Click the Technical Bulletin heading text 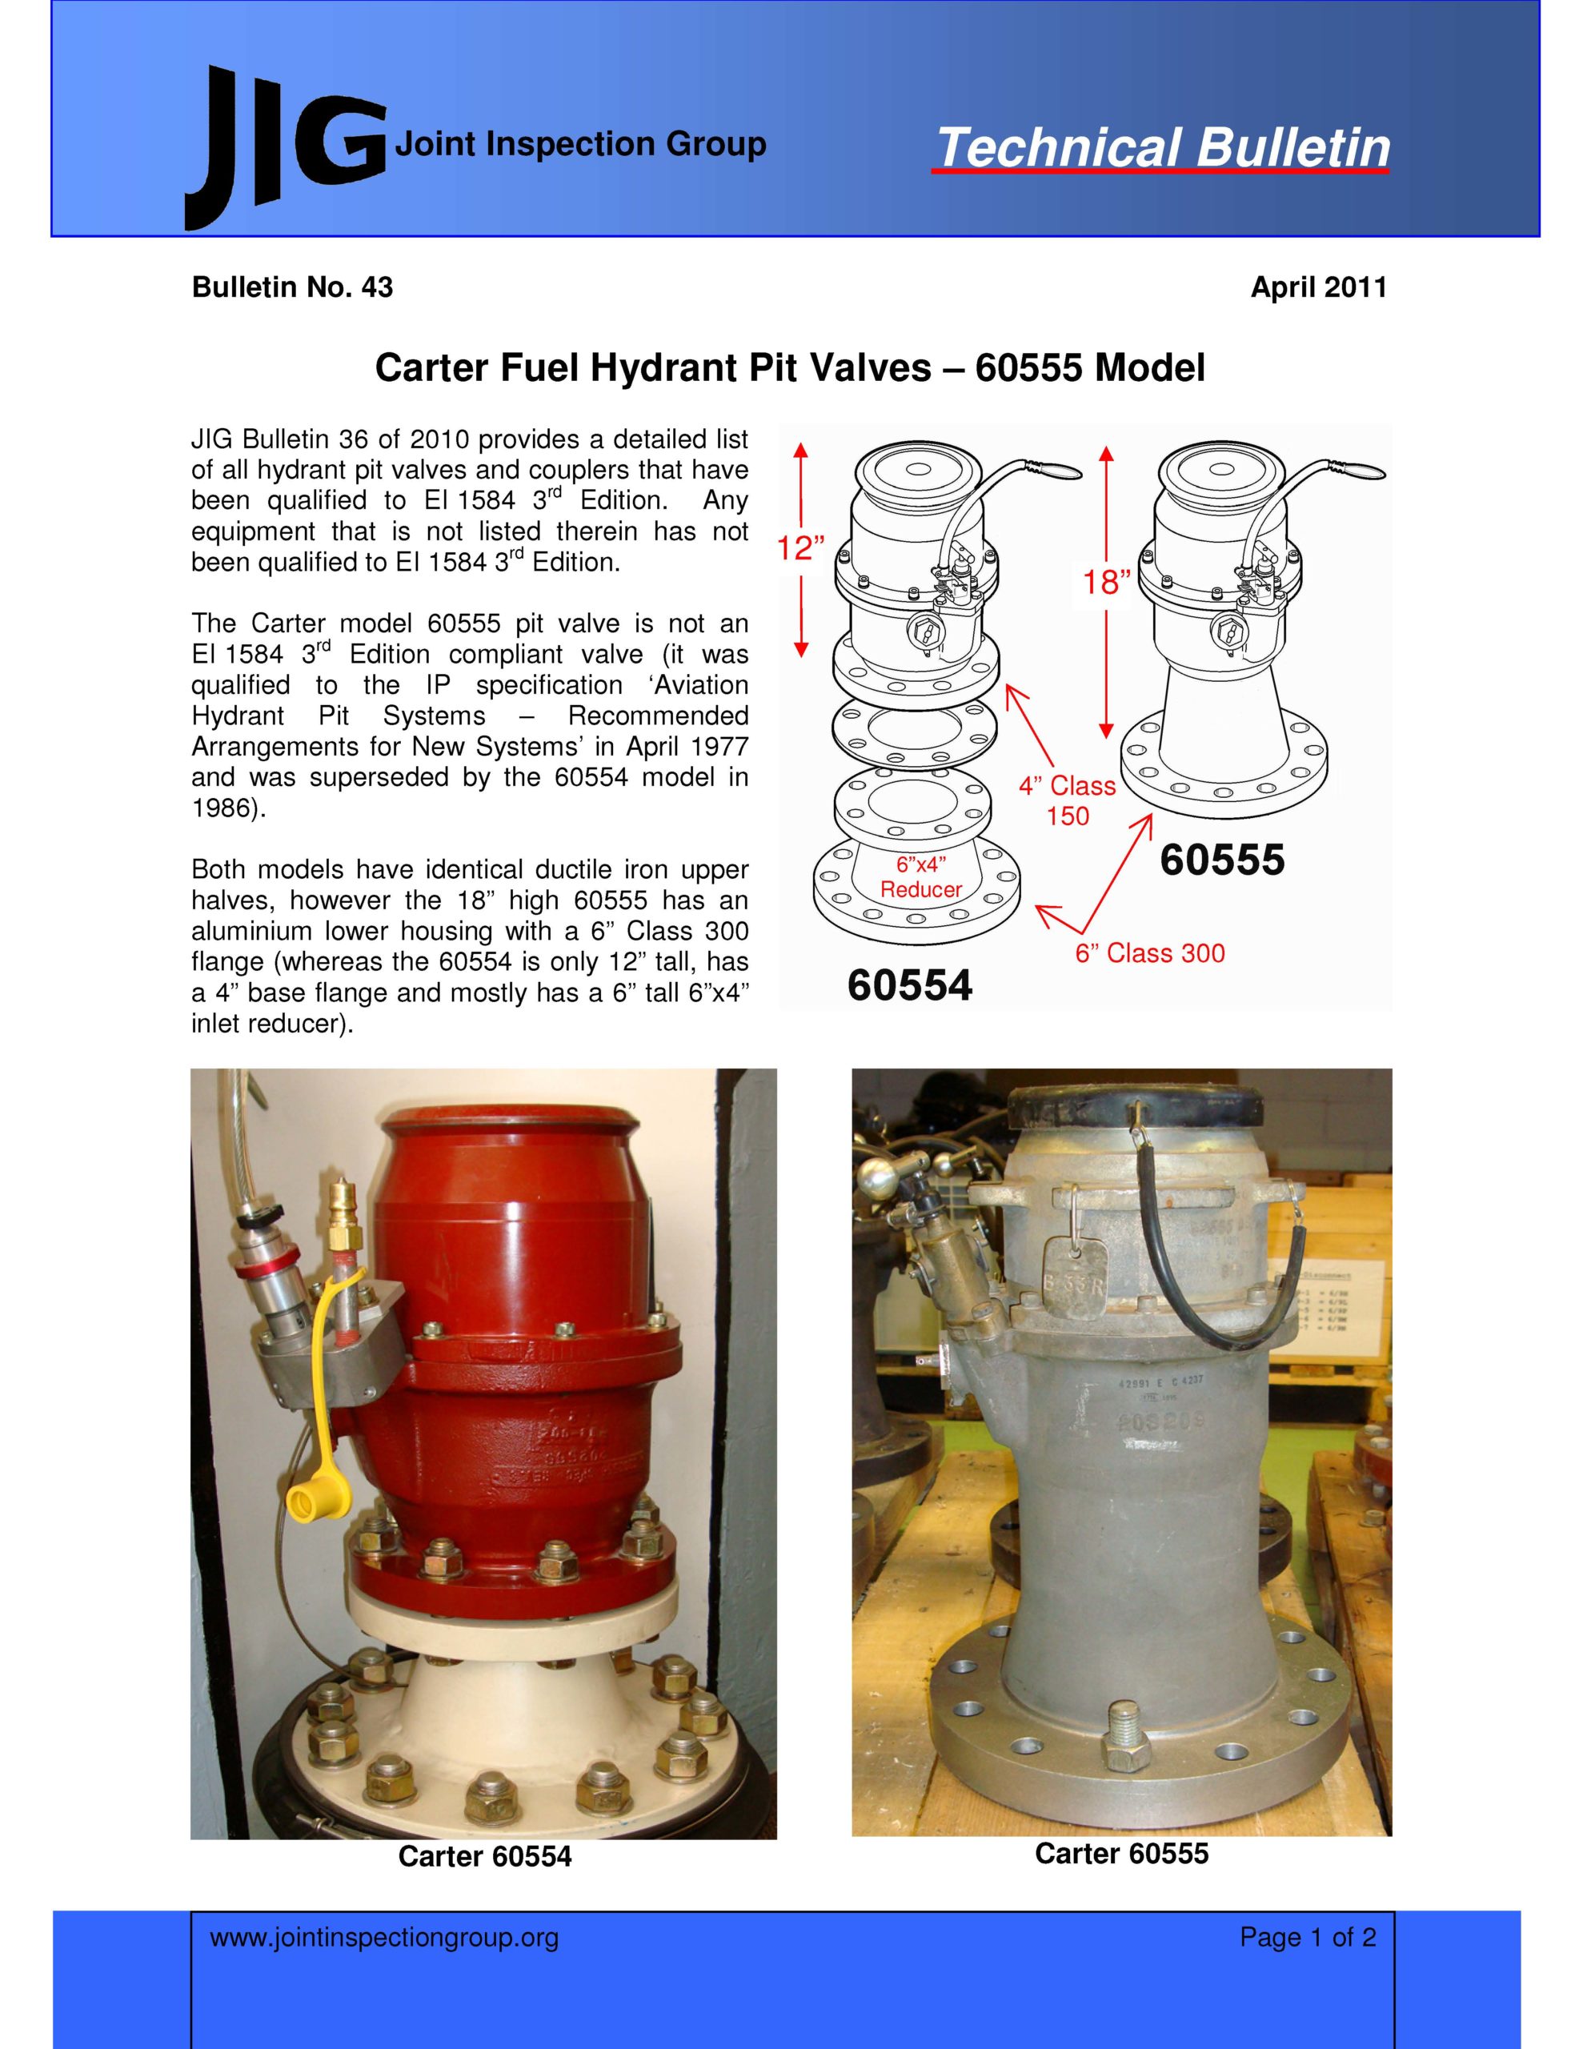(1163, 148)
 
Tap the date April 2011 (1318, 287)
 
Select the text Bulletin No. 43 (292, 287)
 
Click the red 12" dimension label (800, 547)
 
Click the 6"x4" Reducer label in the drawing (920, 877)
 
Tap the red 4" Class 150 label (1068, 800)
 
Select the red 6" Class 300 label (1149, 953)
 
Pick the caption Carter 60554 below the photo (484, 1857)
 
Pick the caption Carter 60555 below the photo (1121, 1853)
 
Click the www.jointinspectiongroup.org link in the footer (384, 1938)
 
